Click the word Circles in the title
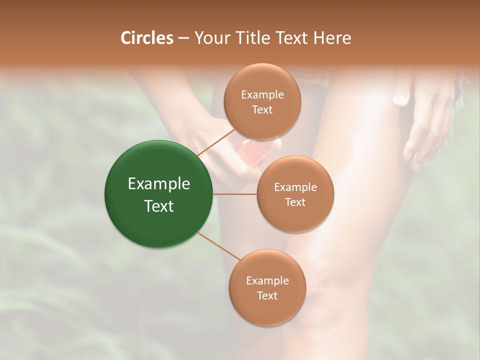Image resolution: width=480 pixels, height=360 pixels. pos(146,38)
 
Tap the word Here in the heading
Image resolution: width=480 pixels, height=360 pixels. pos(332,38)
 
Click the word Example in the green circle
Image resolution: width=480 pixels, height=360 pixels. pos(159,184)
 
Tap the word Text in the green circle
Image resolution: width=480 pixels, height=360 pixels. pos(159,206)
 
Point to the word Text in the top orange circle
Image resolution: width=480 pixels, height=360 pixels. pos(262,110)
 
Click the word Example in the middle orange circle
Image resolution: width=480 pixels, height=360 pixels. pos(295,187)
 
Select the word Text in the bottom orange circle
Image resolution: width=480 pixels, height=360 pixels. pos(267,295)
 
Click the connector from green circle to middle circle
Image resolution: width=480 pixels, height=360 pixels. pos(235,194)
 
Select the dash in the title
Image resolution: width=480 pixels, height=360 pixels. pos(183,38)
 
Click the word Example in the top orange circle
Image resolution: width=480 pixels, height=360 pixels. pos(262,95)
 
